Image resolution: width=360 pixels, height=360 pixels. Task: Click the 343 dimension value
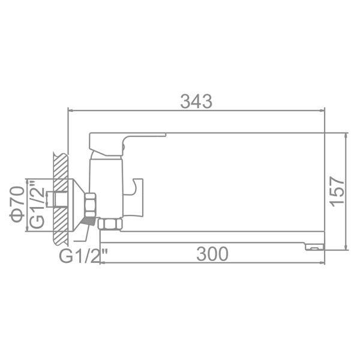pos(196,101)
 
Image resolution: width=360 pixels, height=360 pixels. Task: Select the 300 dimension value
pos(212,254)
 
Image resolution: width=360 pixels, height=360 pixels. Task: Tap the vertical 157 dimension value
pos(337,191)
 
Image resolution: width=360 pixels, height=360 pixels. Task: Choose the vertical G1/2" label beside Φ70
pos(37,205)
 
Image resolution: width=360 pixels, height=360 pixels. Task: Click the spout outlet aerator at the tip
pos(314,247)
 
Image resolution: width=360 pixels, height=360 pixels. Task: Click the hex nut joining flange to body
pos(91,205)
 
